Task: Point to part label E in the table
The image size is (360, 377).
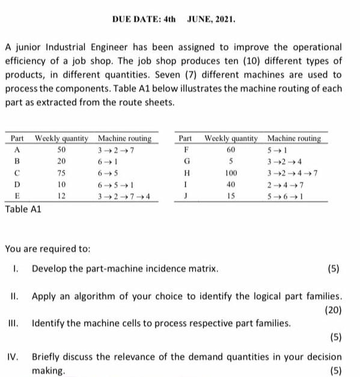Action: (17, 196)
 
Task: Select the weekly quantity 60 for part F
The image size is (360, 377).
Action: (231, 149)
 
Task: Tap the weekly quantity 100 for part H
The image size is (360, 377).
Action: (231, 173)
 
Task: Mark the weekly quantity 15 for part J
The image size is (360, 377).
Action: (231, 196)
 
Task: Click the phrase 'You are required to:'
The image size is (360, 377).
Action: (47, 247)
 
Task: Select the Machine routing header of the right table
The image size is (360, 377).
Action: (294, 138)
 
